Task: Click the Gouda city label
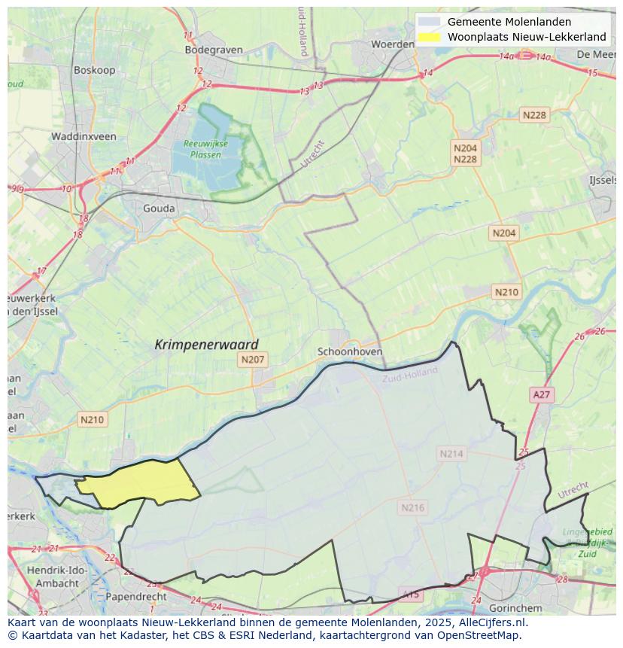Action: click(159, 208)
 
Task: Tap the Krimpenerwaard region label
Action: click(206, 345)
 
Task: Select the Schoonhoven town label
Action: click(350, 351)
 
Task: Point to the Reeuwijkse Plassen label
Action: click(202, 149)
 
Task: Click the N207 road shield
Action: click(253, 360)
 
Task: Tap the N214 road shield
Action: click(451, 454)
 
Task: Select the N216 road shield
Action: click(412, 507)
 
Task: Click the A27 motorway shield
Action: click(541, 394)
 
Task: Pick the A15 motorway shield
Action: click(411, 595)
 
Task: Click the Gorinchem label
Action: click(515, 607)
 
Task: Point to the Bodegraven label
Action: click(214, 50)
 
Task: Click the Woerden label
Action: click(392, 44)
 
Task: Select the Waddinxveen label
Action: click(84, 137)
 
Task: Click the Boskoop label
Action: click(93, 70)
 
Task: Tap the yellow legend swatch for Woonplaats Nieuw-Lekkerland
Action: click(430, 37)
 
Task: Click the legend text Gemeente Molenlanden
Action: click(509, 22)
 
